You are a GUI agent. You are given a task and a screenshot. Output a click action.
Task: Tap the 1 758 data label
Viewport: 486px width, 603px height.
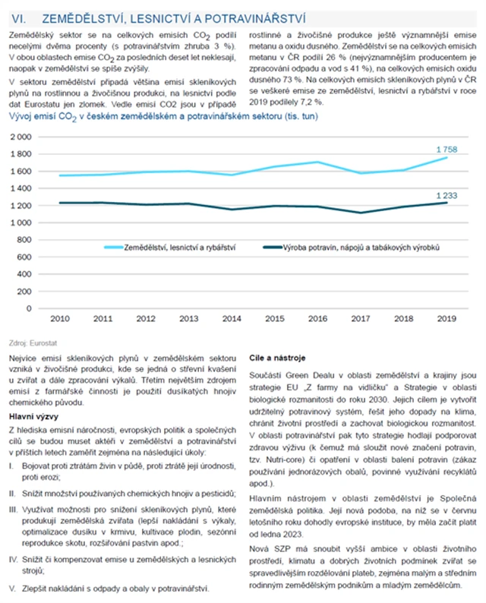point(447,150)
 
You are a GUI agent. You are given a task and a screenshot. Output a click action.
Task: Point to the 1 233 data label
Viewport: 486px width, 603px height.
point(447,195)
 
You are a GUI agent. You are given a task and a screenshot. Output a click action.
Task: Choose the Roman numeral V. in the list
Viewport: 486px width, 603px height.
point(12,587)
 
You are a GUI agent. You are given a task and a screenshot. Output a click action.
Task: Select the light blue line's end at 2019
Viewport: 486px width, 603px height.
point(447,157)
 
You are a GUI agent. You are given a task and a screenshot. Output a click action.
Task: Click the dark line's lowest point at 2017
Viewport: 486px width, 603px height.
point(360,213)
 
